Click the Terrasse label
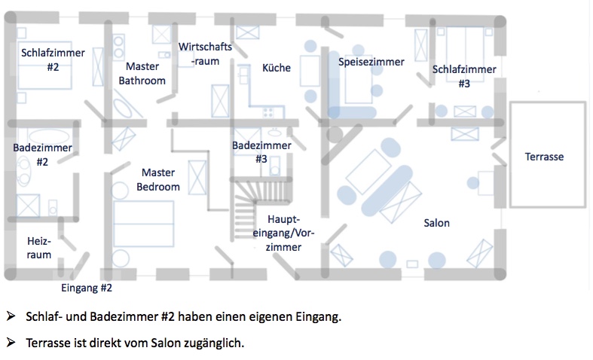coord(544,157)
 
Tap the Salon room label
coord(436,223)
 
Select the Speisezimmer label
coord(371,62)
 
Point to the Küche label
coord(276,68)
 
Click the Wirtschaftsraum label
coord(205,53)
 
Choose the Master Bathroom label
coord(142,73)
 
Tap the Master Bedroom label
coord(158,179)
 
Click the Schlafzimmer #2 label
coord(52,59)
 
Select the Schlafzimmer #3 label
coord(464,76)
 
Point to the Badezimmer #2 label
coord(42,154)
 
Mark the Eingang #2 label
coord(86,287)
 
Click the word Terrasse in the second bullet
coord(51,342)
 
